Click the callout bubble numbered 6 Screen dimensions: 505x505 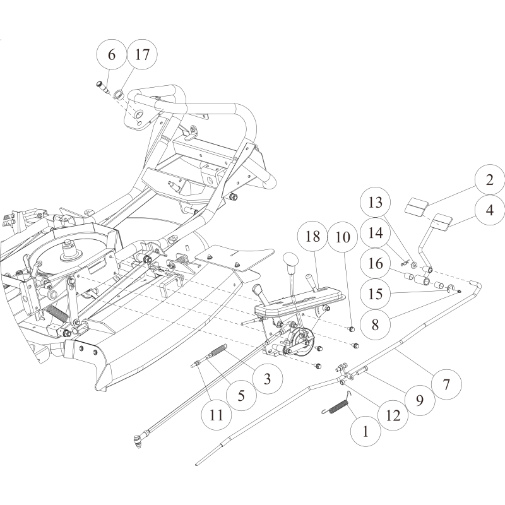pos(112,55)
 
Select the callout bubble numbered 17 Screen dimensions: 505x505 pos(142,55)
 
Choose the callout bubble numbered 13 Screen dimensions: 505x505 pos(376,203)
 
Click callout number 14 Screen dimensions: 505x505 pos(376,233)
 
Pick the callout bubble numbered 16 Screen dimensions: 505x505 pos(376,263)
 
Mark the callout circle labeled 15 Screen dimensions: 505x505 pos(376,294)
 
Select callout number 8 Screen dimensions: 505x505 pos(376,324)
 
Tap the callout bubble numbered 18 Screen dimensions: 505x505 pos(312,238)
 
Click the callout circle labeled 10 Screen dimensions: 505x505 pos(343,238)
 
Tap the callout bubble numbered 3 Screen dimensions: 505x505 pos(267,379)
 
